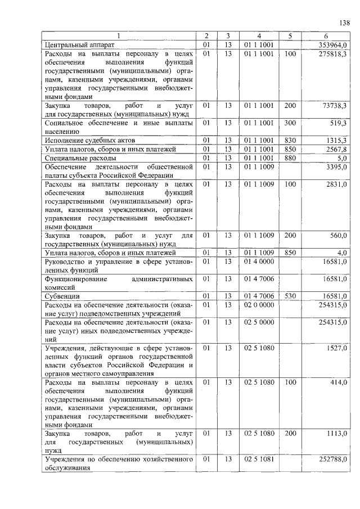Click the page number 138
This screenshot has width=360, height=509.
click(x=344, y=22)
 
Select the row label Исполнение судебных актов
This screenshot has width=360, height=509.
click(x=90, y=139)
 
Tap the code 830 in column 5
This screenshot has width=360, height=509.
click(x=290, y=139)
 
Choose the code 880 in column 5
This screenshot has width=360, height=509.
click(x=290, y=157)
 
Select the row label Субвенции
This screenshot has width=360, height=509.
click(x=62, y=295)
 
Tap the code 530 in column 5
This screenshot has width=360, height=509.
click(x=290, y=295)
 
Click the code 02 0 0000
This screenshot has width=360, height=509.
click(x=259, y=304)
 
